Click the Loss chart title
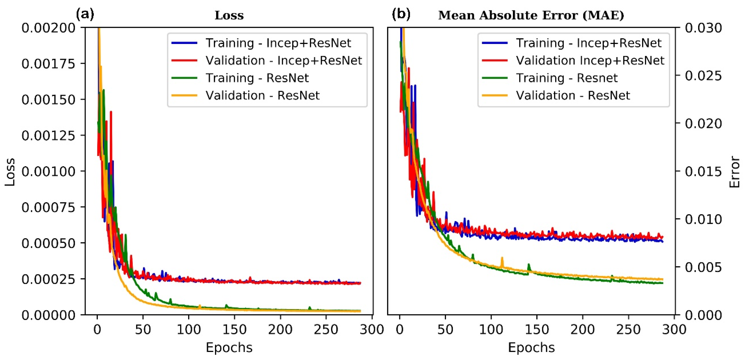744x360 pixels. click(x=229, y=15)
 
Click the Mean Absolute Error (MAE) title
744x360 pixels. click(x=531, y=15)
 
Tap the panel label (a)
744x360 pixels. click(x=85, y=14)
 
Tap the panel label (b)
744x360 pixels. click(x=401, y=14)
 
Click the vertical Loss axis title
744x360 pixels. click(x=10, y=172)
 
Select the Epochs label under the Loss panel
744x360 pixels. click(x=229, y=348)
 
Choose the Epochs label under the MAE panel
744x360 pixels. click(x=531, y=348)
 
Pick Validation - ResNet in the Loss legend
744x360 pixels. click(x=262, y=96)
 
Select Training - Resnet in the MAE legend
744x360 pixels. click(x=566, y=78)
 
